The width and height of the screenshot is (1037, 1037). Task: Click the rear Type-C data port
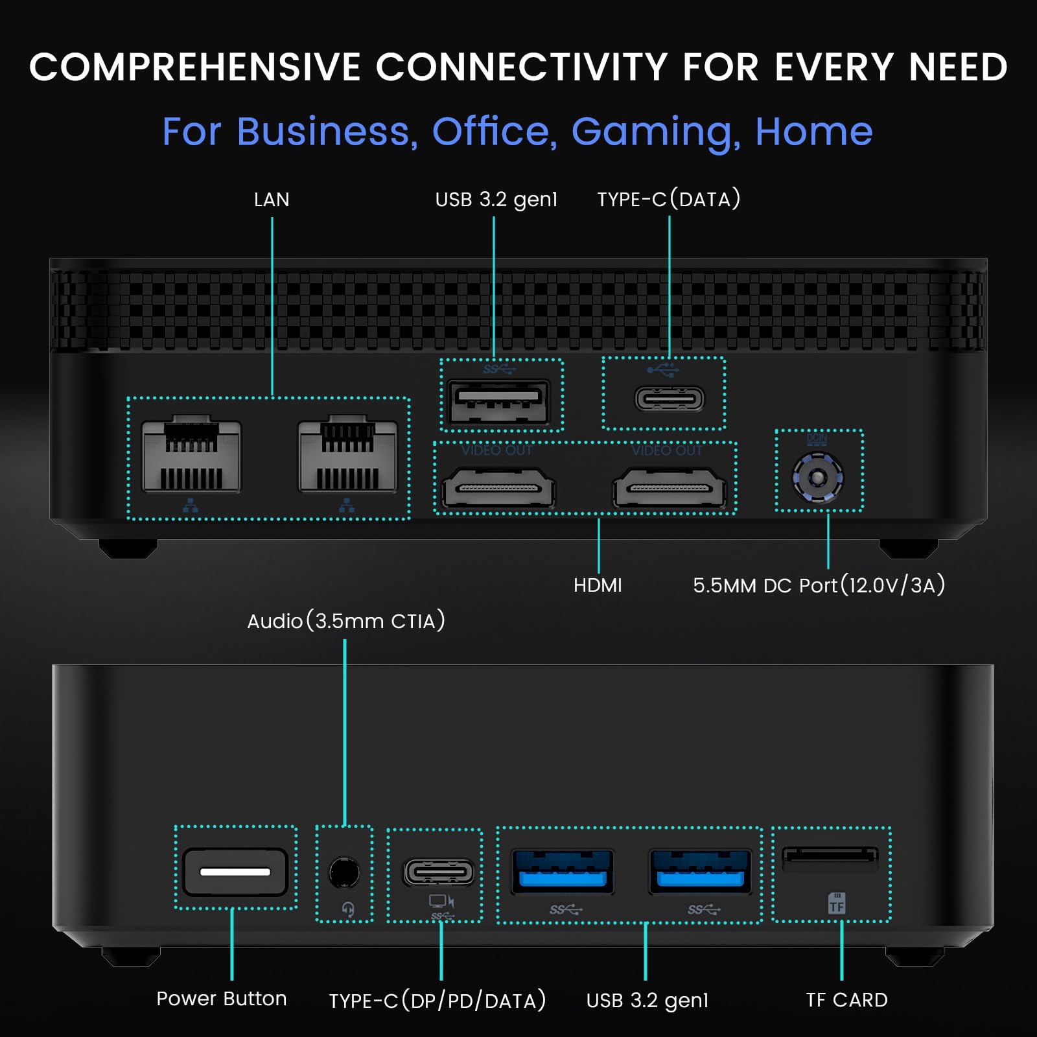point(670,399)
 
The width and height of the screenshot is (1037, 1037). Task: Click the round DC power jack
point(818,478)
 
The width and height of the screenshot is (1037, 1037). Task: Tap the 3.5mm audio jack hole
point(344,872)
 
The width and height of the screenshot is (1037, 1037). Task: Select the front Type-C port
point(439,872)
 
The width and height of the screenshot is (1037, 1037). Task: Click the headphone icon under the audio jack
point(348,910)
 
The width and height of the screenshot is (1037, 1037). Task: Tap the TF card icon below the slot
point(837,903)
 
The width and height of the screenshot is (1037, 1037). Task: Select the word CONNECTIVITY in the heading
point(522,67)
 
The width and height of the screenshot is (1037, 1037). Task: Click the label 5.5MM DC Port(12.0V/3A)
point(819,585)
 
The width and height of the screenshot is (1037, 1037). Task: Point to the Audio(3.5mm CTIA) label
point(346,621)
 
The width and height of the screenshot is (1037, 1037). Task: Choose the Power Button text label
point(222,999)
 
